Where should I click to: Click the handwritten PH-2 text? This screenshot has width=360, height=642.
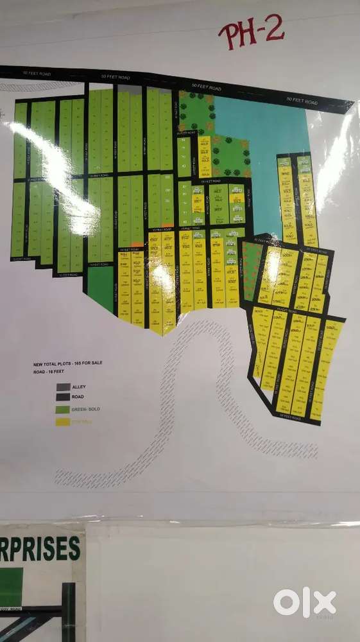tap(251, 31)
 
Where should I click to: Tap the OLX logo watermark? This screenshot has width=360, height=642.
tap(304, 602)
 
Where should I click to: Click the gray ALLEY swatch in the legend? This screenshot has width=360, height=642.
tap(63, 387)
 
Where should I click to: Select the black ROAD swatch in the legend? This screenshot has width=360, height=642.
tap(63, 398)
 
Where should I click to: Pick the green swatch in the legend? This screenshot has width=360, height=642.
tap(63, 410)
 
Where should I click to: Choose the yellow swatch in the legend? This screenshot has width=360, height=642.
tap(63, 422)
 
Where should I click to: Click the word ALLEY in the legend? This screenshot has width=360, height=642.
tap(80, 387)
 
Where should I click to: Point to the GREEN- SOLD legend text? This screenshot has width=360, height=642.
tap(86, 410)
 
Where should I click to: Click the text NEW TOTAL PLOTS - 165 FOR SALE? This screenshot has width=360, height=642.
tap(67, 364)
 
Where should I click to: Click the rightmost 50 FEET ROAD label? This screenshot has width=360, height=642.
tap(302, 101)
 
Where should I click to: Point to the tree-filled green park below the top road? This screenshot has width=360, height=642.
tap(196, 112)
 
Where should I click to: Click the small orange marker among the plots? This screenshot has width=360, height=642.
tap(167, 225)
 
